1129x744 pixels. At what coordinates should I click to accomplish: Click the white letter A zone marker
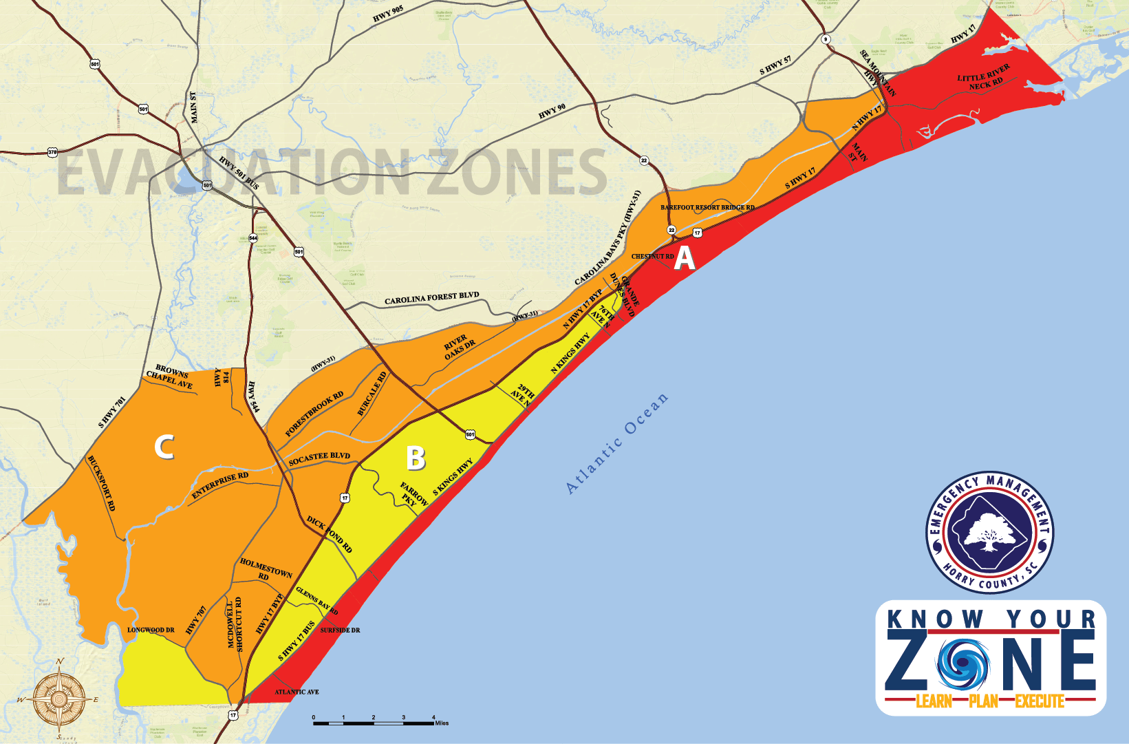tap(684, 258)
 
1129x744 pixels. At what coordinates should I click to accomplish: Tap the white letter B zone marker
tap(416, 458)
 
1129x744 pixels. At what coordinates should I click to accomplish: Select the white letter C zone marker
tap(164, 447)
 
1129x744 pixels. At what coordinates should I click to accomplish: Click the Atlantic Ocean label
tap(616, 443)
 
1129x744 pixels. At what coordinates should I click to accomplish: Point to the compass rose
tap(59, 699)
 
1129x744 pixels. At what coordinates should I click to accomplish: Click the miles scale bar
tap(374, 721)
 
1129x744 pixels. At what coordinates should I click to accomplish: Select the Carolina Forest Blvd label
tap(431, 299)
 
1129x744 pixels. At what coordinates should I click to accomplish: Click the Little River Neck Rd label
tap(985, 77)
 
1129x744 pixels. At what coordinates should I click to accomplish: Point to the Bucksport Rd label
tap(101, 483)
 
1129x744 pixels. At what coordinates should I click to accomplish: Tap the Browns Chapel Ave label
tap(170, 376)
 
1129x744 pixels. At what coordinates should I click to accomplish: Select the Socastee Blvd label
tap(319, 458)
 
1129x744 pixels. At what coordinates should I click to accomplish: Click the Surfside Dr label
tap(340, 630)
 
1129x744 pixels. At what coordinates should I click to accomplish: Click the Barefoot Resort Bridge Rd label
tap(707, 207)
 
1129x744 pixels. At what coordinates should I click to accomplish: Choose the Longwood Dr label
tap(151, 630)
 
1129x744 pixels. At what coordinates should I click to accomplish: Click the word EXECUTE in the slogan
tap(1040, 701)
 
